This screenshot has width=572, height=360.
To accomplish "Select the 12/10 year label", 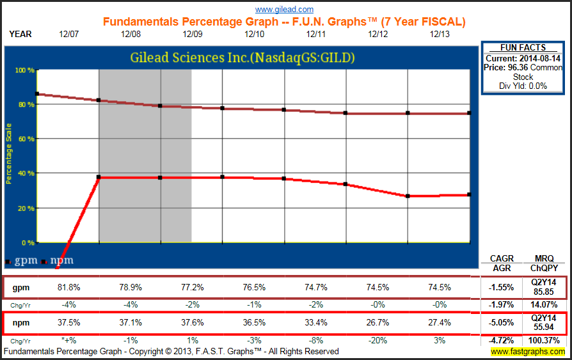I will coord(254,34).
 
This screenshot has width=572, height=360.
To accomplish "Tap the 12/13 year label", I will coord(439,34).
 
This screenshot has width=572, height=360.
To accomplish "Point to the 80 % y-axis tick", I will coord(25,104).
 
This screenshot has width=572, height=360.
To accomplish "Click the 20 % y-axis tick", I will coord(25,208).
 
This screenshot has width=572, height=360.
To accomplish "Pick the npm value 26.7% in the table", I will coord(378,324).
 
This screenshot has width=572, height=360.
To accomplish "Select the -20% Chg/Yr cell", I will coord(378,341).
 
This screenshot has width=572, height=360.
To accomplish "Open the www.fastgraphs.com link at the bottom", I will coord(528,352).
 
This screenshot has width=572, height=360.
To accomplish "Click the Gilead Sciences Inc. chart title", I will coord(242,58).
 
